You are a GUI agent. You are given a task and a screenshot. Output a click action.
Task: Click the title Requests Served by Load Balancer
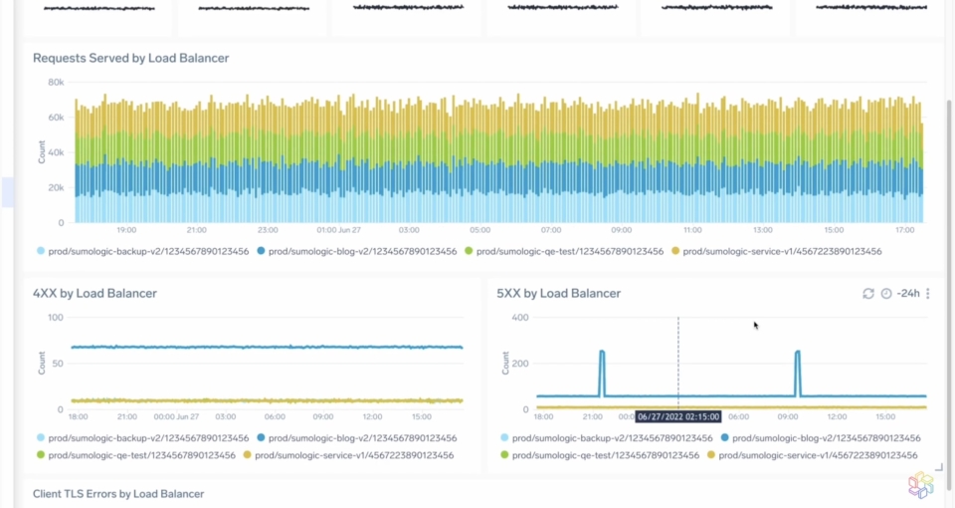130,58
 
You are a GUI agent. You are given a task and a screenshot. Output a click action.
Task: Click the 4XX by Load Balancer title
95,293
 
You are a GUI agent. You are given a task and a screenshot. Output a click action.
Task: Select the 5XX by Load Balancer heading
558,293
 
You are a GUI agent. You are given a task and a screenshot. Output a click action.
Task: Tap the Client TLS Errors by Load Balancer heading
118,493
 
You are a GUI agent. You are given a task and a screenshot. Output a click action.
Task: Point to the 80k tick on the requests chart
56,82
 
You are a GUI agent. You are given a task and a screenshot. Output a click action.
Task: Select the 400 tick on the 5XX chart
520,318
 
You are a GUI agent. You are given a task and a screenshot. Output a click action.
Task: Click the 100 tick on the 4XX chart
56,318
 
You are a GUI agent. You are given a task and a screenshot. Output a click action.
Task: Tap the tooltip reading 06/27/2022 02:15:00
678,417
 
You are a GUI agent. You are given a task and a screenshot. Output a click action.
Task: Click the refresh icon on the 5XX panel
867,294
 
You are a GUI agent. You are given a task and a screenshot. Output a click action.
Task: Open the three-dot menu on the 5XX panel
928,294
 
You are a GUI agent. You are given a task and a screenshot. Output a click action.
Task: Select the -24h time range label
907,294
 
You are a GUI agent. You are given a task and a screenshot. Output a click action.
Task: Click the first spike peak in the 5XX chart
602,352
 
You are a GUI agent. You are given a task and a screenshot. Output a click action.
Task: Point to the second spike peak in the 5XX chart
798,352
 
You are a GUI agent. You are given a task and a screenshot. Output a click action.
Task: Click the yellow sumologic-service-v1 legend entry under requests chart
775,252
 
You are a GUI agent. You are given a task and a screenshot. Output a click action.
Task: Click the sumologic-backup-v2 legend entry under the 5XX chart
606,438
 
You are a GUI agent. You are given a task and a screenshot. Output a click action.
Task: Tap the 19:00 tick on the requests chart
127,230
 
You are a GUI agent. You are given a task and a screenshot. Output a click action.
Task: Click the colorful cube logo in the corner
921,485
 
